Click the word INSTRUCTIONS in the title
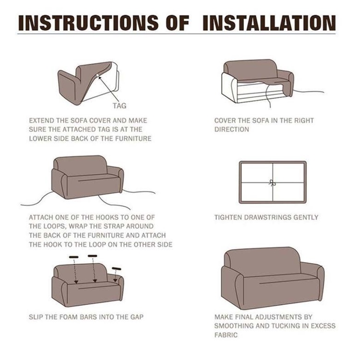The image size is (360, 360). pos(88,23)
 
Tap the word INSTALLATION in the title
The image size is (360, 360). pos(269,23)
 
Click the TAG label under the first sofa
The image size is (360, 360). pos(120,106)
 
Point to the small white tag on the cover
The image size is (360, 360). pos(97,75)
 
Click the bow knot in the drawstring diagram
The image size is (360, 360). pos(272,183)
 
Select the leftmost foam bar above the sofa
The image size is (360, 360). pos(73,257)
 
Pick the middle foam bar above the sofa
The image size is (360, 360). pos(92,256)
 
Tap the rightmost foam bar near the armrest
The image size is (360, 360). pos(117,269)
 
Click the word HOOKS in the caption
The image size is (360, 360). pos(106,217)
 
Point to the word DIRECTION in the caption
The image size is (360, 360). pos(232,130)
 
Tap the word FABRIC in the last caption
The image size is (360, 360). pos(226,335)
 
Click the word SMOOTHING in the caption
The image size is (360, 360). pos(234,326)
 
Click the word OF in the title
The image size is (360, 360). pos(178,23)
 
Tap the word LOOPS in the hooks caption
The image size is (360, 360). pos(55,227)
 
